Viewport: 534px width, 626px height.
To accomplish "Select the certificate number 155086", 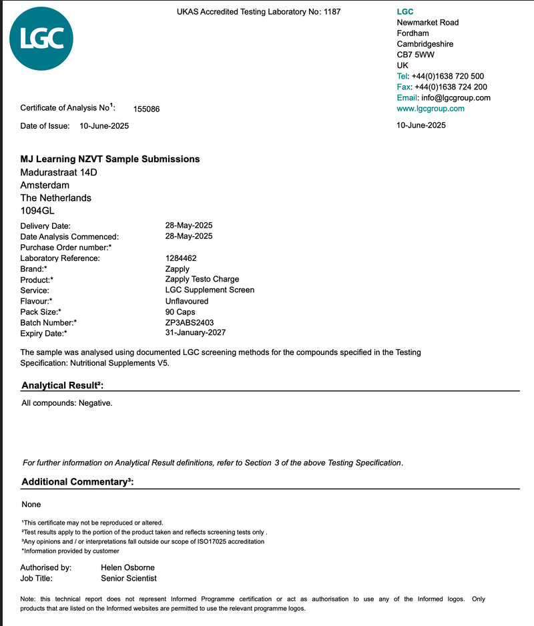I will [147, 109].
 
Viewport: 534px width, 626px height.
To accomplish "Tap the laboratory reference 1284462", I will [181, 258].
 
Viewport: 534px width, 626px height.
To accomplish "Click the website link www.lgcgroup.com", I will [431, 108].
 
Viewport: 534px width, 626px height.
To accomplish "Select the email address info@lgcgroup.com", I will [452, 97].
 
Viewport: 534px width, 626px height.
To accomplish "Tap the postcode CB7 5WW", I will [415, 55].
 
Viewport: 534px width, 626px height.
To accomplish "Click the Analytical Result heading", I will [63, 386].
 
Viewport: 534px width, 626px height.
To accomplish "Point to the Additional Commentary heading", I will [77, 482].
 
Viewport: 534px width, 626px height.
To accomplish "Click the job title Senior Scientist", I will [129, 578].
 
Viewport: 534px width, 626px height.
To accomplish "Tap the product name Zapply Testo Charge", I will [202, 279].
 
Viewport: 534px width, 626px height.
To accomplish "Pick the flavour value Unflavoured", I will [187, 301].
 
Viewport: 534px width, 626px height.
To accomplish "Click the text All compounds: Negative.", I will [67, 403].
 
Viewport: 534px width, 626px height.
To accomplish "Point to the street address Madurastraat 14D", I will [59, 172].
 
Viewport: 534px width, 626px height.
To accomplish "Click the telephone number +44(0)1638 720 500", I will [449, 76].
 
